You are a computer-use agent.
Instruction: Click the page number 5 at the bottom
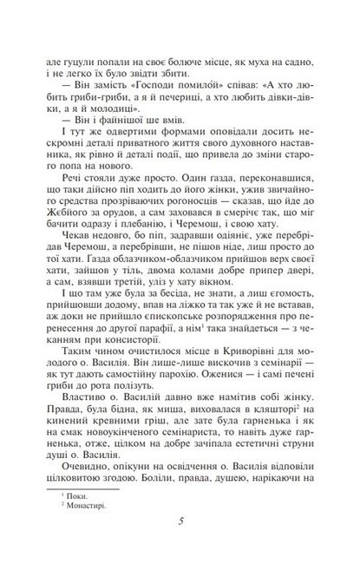click(180, 522)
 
